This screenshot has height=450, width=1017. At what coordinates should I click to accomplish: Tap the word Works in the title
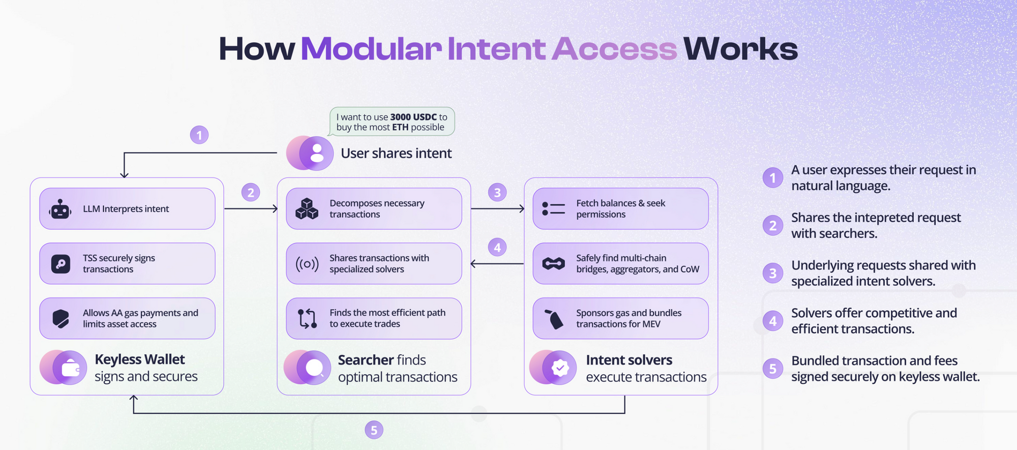pyautogui.click(x=740, y=49)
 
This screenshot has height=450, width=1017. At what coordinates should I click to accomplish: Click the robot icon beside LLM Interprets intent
pyautogui.click(x=61, y=209)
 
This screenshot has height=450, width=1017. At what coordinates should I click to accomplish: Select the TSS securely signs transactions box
pyautogui.click(x=127, y=263)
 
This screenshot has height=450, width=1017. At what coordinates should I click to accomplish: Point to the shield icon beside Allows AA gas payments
pyautogui.click(x=61, y=319)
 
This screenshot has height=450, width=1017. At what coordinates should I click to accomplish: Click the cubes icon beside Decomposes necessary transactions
pyautogui.click(x=307, y=209)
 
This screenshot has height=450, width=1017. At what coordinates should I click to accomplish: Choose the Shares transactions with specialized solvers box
pyautogui.click(x=374, y=263)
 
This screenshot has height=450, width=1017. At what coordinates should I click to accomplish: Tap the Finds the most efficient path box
pyautogui.click(x=374, y=318)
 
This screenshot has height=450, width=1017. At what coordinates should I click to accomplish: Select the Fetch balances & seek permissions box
pyautogui.click(x=620, y=208)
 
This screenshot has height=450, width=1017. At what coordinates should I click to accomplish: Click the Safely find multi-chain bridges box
pyautogui.click(x=620, y=263)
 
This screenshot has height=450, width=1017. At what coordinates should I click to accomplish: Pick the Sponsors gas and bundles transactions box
pyautogui.click(x=620, y=318)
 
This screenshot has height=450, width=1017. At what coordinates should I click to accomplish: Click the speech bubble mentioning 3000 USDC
pyautogui.click(x=392, y=122)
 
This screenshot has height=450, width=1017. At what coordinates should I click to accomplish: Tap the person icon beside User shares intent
pyautogui.click(x=316, y=153)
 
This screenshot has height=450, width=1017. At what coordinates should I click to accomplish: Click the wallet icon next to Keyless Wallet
pyautogui.click(x=70, y=368)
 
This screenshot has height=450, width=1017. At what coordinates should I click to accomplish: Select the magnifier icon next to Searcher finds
pyautogui.click(x=314, y=368)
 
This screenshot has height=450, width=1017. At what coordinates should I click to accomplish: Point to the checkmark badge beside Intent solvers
pyautogui.click(x=560, y=368)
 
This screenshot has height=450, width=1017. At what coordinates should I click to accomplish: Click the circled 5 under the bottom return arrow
pyautogui.click(x=374, y=430)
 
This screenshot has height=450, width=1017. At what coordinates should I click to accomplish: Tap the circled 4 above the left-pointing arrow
pyautogui.click(x=497, y=248)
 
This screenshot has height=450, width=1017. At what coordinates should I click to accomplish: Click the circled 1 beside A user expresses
pyautogui.click(x=772, y=177)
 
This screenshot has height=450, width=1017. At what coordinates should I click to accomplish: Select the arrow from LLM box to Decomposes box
pyautogui.click(x=251, y=208)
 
